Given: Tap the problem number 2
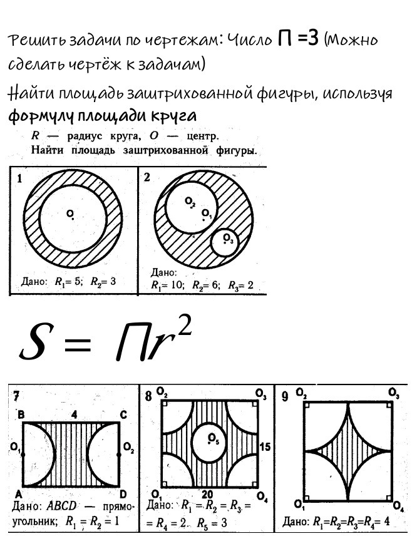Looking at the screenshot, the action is pos(147,177).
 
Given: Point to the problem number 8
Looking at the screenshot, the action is pos(148,396).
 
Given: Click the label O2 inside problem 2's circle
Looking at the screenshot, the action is pos(190,201).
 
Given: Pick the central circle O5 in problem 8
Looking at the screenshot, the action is pos(210,442).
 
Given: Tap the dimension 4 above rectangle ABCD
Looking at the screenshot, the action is pos(73,414).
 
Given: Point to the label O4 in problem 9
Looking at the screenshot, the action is pos(398,505).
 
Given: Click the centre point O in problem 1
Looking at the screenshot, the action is pos(73,218).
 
